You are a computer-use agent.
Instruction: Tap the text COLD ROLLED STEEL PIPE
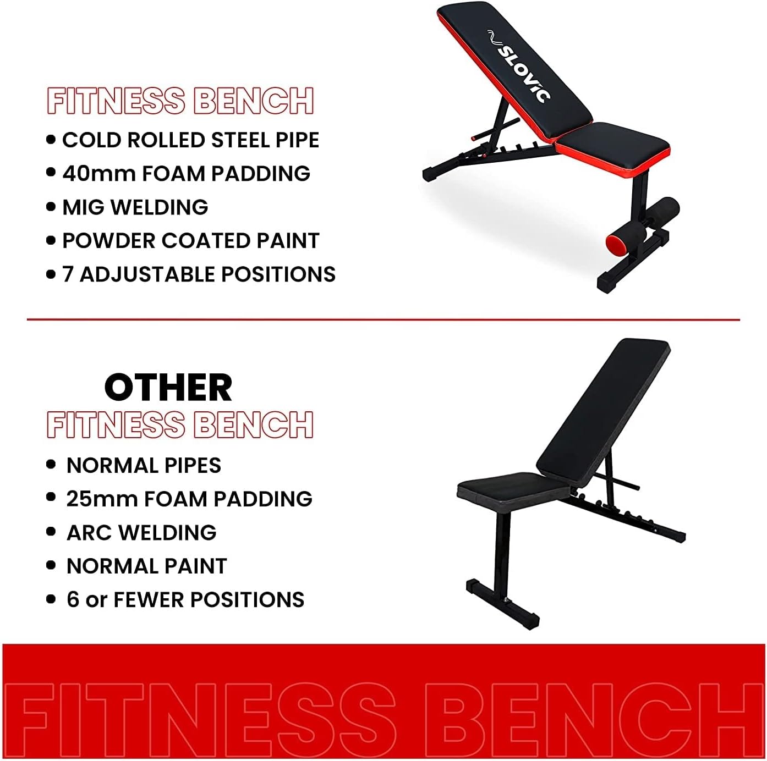coord(190,140)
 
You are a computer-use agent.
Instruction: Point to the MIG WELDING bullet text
coord(135,207)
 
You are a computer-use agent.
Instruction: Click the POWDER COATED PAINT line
coord(190,241)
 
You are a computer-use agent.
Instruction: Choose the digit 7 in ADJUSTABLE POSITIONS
coord(68,274)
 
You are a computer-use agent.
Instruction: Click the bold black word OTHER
coord(168,388)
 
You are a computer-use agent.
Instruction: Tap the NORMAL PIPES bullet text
coord(144,466)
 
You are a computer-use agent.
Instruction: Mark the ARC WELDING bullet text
coord(141,533)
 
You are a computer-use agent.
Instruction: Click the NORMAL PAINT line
coord(146,566)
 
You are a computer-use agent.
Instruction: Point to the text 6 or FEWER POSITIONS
coord(185,600)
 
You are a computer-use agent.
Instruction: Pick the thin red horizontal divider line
coord(383,319)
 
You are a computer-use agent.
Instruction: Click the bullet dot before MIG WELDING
coord(51,207)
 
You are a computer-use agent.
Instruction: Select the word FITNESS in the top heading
coord(116,101)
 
